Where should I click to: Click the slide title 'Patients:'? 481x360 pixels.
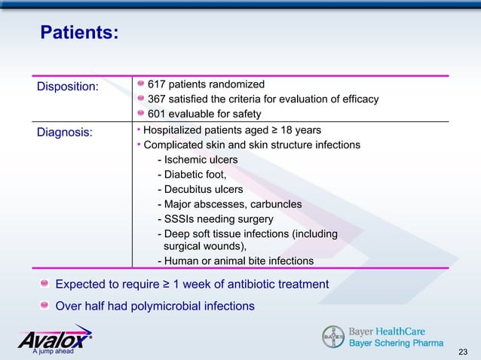point(78,33)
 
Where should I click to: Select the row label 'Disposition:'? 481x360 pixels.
point(69,87)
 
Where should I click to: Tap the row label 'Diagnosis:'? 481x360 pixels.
point(66,133)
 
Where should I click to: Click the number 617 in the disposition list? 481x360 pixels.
point(158,84)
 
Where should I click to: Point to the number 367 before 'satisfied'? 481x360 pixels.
point(158,99)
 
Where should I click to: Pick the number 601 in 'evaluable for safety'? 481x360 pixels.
point(158,114)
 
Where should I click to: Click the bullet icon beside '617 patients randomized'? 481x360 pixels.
point(141,84)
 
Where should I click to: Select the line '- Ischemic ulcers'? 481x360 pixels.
point(197,160)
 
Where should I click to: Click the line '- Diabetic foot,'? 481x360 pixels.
point(191,175)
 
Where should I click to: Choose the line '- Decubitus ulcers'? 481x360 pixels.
point(200,189)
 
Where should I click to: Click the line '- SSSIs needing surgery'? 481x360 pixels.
point(215,218)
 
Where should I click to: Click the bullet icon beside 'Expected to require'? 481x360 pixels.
point(46,284)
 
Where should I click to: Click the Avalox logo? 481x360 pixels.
point(55,339)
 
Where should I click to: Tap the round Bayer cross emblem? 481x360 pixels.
point(332,337)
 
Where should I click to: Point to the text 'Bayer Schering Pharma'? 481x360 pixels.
point(395,343)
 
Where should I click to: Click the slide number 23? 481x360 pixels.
point(463,352)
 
